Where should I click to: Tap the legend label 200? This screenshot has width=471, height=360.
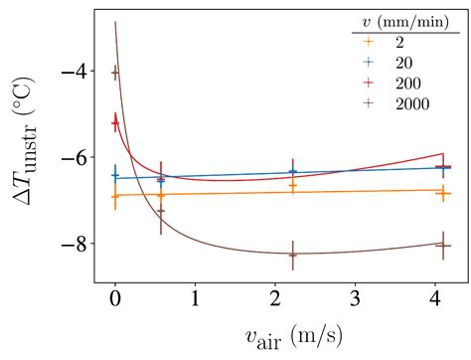(405, 83)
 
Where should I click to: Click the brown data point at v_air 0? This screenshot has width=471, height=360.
(115, 73)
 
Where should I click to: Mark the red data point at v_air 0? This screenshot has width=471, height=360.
(115, 122)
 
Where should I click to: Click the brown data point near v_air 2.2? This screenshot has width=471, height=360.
(293, 255)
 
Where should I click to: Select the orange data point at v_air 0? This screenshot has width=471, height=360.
(115, 196)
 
